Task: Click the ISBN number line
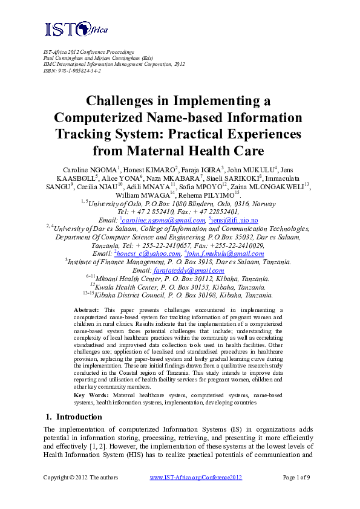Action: tap(71, 71)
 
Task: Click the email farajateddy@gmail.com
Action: tap(189, 271)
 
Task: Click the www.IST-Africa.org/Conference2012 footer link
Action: tap(195, 478)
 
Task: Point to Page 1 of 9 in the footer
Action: tap(296, 478)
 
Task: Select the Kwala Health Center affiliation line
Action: tap(180, 288)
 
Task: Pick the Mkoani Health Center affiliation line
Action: tap(180, 279)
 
